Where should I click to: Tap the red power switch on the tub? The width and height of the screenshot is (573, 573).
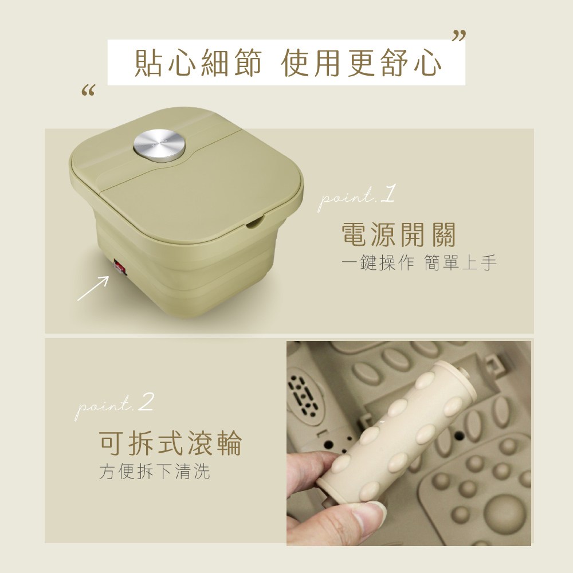click(120, 267)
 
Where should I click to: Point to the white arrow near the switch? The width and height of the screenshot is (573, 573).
click(93, 288)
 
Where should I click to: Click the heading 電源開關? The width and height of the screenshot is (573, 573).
click(399, 234)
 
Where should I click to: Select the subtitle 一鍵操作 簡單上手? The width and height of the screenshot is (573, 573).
click(419, 263)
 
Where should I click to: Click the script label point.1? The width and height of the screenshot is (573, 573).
click(356, 198)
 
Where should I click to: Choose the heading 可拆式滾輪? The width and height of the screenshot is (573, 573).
click(170, 444)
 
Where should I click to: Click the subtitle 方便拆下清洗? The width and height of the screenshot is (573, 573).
click(155, 471)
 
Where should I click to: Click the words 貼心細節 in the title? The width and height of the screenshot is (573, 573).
click(198, 63)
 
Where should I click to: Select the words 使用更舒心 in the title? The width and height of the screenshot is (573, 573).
click(362, 63)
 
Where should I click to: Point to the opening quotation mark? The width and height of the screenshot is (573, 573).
click(88, 91)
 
